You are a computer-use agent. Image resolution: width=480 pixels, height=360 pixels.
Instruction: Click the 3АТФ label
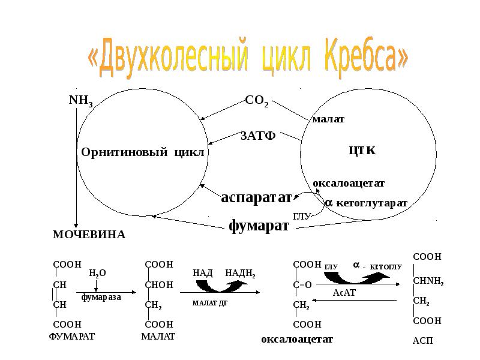257,135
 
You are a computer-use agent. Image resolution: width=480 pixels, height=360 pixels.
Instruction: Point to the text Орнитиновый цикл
143,152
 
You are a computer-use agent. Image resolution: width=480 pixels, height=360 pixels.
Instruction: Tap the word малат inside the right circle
328,119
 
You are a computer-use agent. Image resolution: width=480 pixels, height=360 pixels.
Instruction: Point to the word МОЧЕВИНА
89,235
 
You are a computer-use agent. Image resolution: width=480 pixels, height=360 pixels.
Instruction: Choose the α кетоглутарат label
366,203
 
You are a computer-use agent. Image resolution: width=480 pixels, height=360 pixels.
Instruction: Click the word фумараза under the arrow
101,296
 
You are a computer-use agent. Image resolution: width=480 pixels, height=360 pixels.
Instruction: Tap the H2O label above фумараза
97,273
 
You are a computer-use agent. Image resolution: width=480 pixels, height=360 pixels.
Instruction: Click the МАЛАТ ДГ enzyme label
211,303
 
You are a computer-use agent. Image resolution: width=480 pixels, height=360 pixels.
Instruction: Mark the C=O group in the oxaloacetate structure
302,284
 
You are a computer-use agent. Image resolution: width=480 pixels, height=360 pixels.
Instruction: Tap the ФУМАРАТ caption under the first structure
71,337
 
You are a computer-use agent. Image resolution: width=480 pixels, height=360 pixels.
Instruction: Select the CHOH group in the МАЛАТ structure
159,284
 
